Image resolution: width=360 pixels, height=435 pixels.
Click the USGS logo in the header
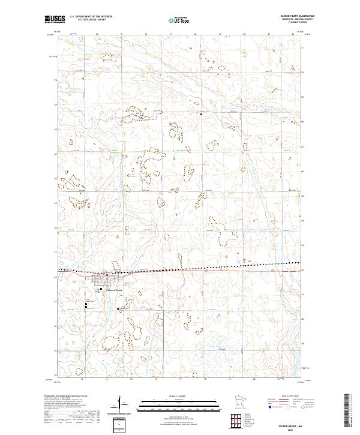point(55,19)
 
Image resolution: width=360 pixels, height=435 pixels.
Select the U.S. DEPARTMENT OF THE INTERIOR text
point(91,17)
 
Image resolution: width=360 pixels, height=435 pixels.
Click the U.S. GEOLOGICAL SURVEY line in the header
point(88,20)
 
